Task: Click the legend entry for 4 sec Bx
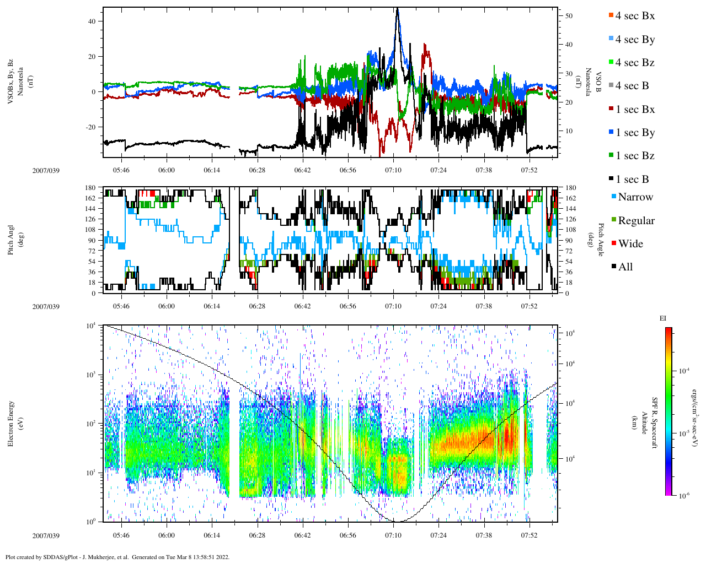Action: pos(634,16)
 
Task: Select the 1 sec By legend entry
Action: pos(634,133)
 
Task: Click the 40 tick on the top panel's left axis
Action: pos(92,21)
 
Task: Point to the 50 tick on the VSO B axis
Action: pos(569,16)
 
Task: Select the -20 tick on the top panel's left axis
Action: pos(90,127)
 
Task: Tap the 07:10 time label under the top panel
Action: pos(393,170)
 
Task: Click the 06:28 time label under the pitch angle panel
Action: pos(257,306)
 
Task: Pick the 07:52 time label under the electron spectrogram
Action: pos(529,535)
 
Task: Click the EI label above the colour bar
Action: pos(663,318)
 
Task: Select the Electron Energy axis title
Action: pos(11,423)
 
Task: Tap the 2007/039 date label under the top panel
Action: pos(46,170)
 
